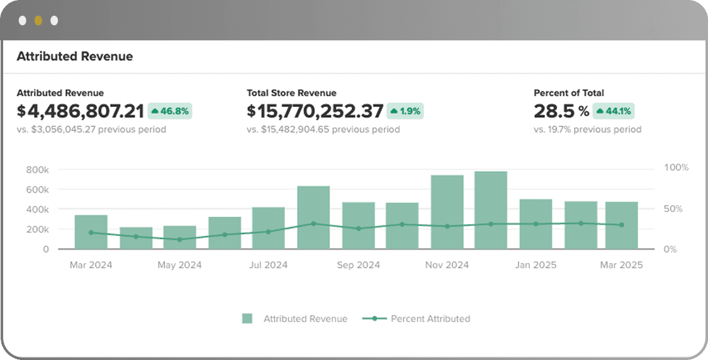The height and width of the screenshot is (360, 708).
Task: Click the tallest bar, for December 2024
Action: click(x=491, y=210)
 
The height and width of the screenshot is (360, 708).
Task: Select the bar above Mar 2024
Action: click(x=91, y=232)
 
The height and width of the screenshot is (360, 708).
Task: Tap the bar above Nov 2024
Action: click(x=447, y=212)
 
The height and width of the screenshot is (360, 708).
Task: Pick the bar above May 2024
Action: click(x=180, y=237)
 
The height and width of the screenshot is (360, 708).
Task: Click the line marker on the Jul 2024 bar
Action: click(x=268, y=232)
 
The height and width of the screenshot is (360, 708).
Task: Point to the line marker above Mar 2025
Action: click(x=621, y=225)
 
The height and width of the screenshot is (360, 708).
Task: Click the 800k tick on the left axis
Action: click(x=38, y=170)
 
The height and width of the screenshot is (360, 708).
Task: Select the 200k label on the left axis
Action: click(x=38, y=229)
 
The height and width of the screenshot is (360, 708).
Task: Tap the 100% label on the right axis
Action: click(x=677, y=167)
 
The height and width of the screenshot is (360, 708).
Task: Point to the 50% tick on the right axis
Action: click(x=673, y=209)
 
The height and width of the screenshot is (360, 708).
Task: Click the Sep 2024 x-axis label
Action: click(x=359, y=265)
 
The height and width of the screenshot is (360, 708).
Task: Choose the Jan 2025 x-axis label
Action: click(x=536, y=265)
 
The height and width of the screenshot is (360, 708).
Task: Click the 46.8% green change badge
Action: click(x=170, y=111)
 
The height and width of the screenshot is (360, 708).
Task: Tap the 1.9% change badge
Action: click(x=405, y=111)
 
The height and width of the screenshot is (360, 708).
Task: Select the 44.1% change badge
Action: click(x=614, y=111)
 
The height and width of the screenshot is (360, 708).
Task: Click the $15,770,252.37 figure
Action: click(x=315, y=111)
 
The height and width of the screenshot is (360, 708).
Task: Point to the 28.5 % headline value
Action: click(x=561, y=111)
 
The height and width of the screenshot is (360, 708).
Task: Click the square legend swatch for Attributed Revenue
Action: click(x=247, y=318)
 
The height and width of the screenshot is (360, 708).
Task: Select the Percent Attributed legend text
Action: click(x=430, y=318)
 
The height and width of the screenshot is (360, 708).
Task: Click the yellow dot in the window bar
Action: click(x=38, y=21)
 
